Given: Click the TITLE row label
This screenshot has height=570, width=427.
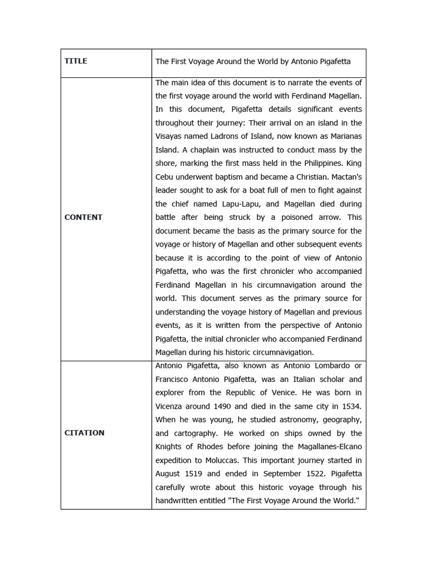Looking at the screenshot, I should pyautogui.click(x=76, y=61).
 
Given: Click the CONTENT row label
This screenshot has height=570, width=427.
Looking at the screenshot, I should pyautogui.click(x=83, y=217).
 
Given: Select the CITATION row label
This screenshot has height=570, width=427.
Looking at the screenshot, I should pyautogui.click(x=85, y=433).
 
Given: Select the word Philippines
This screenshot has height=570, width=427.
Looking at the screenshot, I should pyautogui.click(x=317, y=163).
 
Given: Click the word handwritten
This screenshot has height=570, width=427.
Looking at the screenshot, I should pyautogui.click(x=179, y=500).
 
